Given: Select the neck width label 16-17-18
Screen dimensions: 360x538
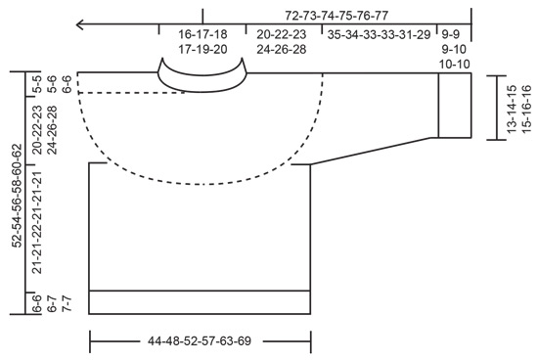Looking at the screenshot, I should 202,34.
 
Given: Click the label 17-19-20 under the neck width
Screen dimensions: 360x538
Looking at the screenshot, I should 202,48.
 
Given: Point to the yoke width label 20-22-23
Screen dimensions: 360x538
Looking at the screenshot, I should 281,34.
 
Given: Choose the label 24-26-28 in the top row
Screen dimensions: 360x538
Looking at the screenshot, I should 281,48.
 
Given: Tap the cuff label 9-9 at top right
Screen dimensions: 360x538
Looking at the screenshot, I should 454,34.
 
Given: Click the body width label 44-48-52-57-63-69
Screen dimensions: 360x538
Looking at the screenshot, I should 200,342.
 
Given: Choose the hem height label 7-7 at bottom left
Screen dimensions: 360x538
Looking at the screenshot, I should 66,306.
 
